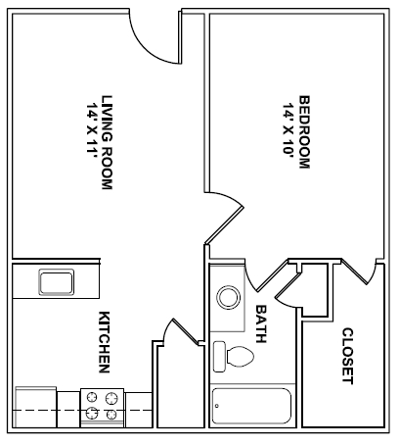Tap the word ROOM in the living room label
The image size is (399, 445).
[x=108, y=167]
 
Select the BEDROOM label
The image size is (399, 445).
[x=304, y=132]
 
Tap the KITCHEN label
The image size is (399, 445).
[x=104, y=342]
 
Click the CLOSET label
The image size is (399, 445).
[x=347, y=356]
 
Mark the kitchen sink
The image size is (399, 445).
[x=54, y=283]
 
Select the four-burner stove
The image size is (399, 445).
[x=102, y=406]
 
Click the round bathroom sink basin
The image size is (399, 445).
[x=230, y=297]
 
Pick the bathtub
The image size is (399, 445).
[x=252, y=405]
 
